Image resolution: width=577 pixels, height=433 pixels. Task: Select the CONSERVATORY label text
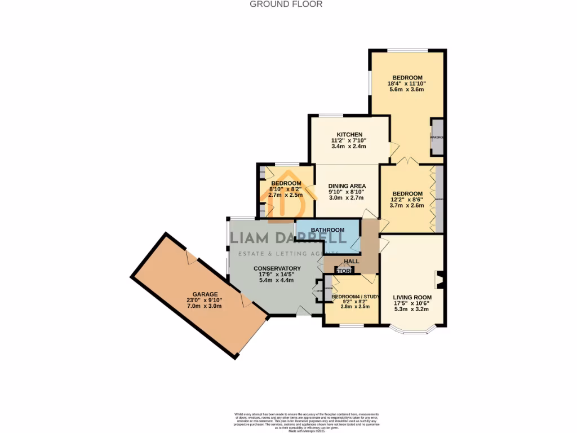[x=277, y=268]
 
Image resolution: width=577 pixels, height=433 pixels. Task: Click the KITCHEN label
[x=349, y=134]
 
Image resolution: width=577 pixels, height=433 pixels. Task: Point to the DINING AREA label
[x=347, y=185]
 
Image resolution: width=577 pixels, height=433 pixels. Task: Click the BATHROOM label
[x=327, y=230]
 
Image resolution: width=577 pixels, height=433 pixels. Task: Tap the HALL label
[x=352, y=262]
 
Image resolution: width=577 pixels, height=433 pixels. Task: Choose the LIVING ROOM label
[x=412, y=297]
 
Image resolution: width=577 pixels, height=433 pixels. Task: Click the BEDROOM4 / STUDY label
[x=354, y=297]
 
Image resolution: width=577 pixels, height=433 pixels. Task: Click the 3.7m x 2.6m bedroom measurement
[x=407, y=206]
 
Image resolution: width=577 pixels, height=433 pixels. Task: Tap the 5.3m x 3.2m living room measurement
[x=412, y=310]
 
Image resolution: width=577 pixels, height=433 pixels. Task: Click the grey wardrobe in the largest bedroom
[x=437, y=137]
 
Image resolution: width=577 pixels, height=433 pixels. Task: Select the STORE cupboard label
[x=345, y=271]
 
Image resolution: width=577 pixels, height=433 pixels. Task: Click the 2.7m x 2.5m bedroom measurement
[x=286, y=195]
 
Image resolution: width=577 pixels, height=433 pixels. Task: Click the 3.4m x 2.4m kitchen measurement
[x=349, y=147]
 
